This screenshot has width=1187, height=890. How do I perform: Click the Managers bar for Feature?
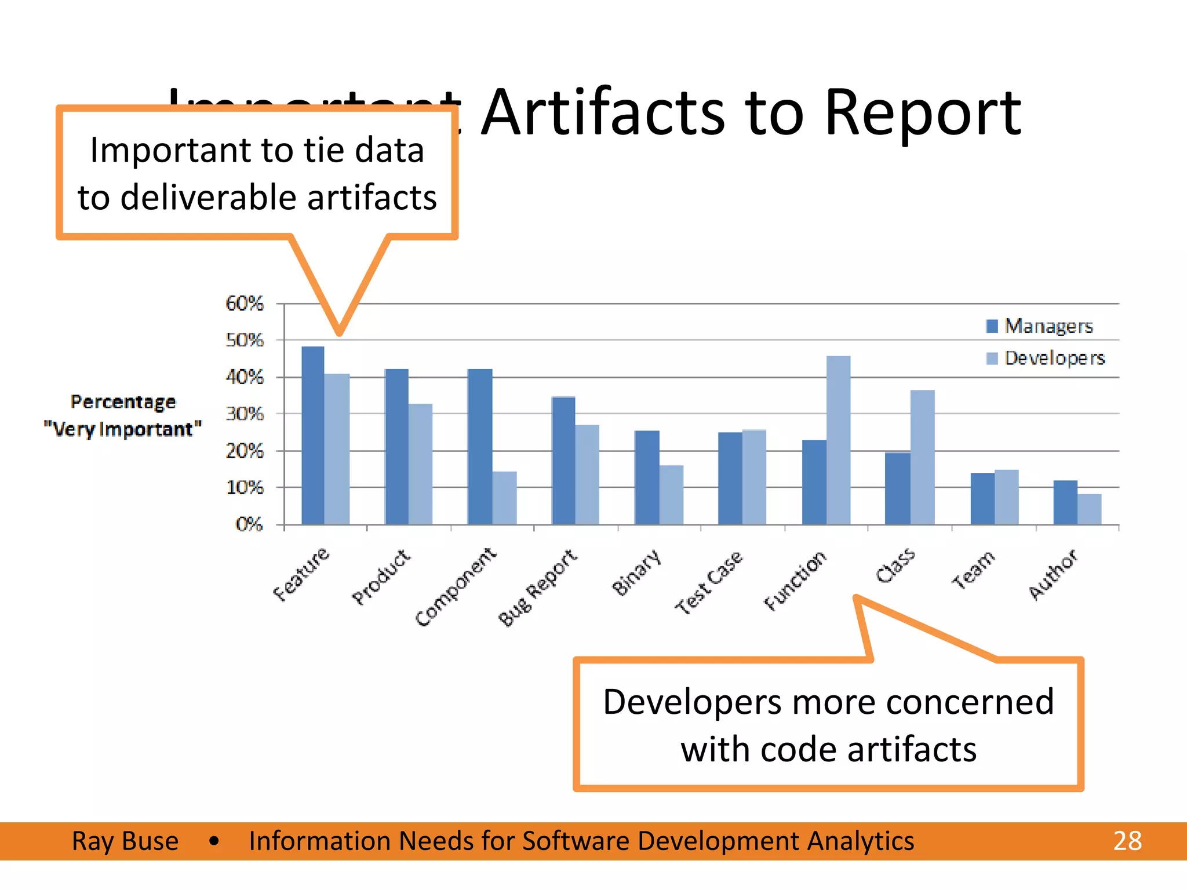[313, 436]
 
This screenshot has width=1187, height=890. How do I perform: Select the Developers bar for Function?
[838, 440]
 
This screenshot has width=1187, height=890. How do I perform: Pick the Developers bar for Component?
[504, 498]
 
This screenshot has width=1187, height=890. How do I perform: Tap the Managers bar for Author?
[1065, 502]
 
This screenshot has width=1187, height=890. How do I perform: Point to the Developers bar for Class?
[922, 458]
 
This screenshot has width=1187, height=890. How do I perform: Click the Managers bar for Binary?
[647, 477]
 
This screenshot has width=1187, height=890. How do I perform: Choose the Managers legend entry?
[1040, 326]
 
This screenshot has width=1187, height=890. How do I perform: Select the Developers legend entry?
[1046, 358]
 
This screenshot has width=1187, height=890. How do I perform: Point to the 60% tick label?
[244, 303]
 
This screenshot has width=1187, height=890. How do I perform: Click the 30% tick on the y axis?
[244, 414]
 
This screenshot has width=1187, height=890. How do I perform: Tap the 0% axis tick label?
[249, 524]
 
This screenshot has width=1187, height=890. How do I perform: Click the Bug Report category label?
[538, 588]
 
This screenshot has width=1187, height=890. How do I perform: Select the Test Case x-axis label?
[708, 582]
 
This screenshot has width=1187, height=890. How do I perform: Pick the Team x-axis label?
[973, 570]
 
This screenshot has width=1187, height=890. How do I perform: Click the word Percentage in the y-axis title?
[123, 402]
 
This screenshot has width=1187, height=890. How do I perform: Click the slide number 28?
[1127, 841]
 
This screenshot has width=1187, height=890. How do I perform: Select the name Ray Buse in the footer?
[125, 841]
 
